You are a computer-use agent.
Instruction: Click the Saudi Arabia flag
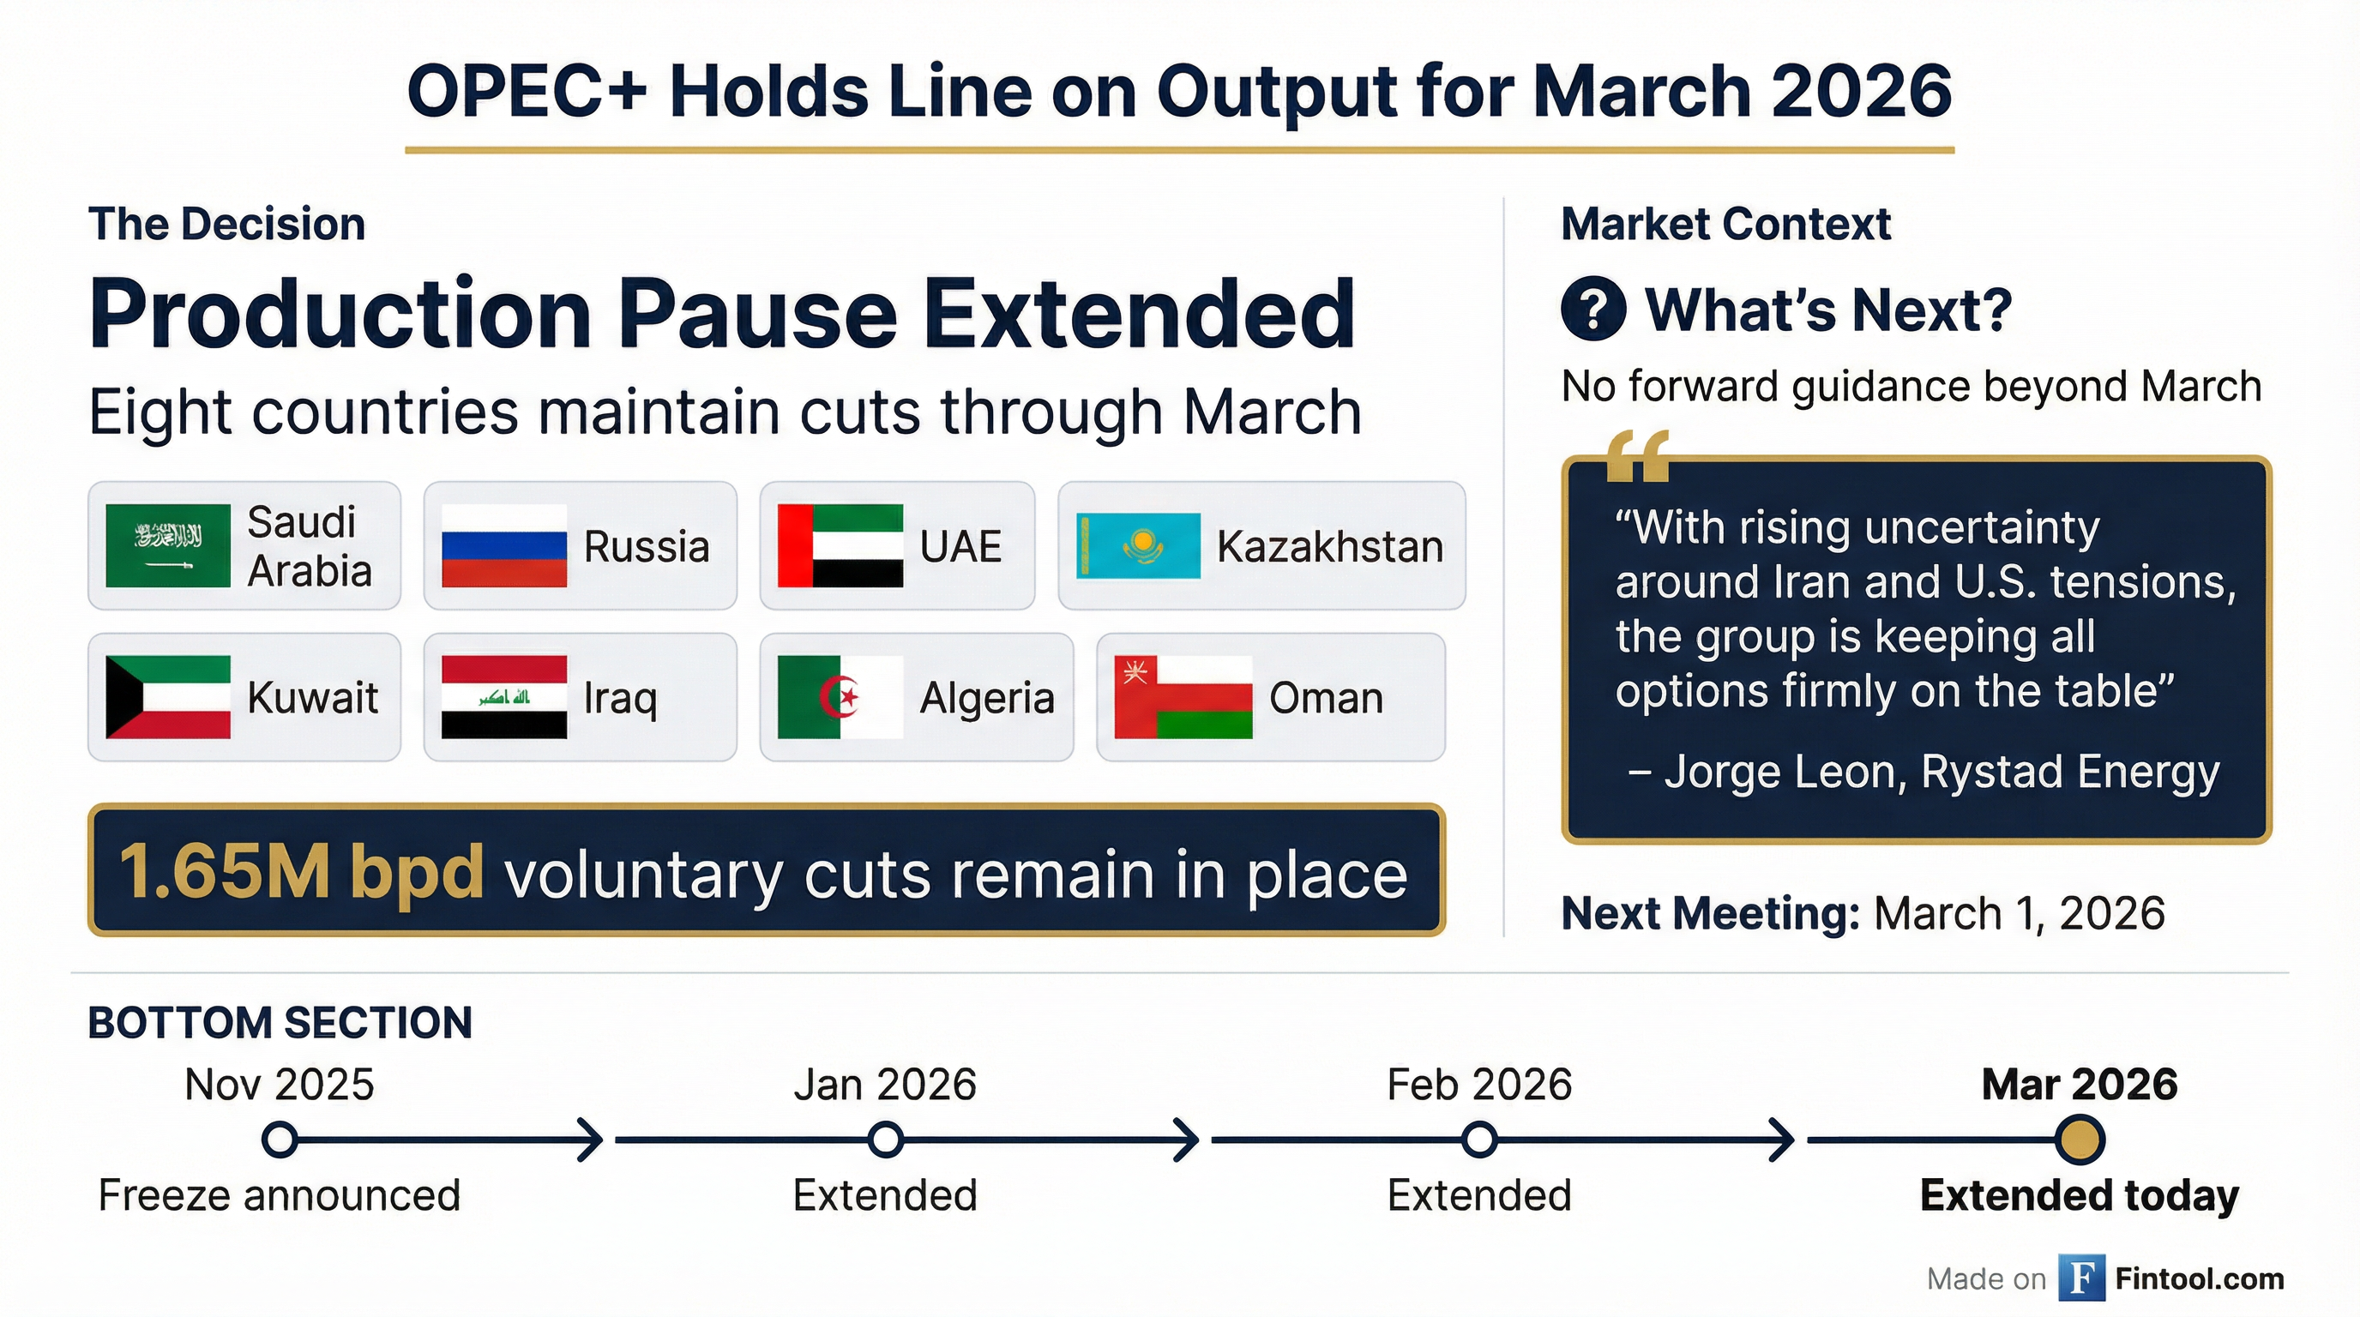point(168,545)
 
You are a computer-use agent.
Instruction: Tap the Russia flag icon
point(504,546)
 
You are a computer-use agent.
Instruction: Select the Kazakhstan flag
point(1138,546)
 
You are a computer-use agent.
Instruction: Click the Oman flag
point(1183,697)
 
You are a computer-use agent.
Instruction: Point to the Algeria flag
point(840,697)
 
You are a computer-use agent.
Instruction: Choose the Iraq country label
point(620,698)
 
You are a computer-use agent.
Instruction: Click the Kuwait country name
point(312,698)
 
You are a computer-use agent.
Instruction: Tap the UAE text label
point(960,547)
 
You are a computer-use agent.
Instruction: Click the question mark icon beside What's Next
point(1593,309)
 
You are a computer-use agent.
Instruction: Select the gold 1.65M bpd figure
point(301,871)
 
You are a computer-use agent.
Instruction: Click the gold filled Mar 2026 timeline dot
point(2079,1140)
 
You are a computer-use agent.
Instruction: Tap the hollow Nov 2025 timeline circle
point(280,1140)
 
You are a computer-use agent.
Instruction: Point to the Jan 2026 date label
point(884,1085)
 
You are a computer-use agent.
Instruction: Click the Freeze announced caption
point(279,1195)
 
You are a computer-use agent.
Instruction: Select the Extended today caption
point(2079,1195)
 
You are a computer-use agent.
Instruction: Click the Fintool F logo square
point(2080,1278)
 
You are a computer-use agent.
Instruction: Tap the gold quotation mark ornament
point(1637,455)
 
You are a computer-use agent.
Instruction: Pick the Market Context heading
point(1725,225)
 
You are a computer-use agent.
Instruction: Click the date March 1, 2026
point(2020,913)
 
